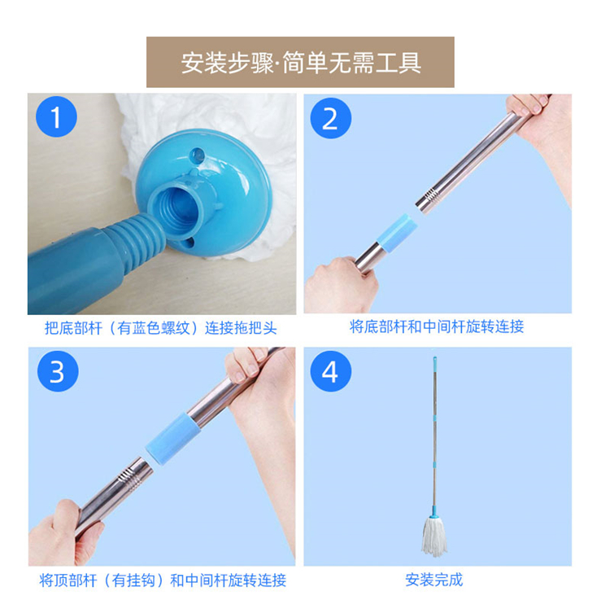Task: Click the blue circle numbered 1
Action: [56, 116]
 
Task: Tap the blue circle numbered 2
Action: [331, 118]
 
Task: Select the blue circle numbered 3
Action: [58, 371]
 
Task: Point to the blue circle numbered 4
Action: [331, 371]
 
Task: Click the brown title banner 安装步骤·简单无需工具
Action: [300, 63]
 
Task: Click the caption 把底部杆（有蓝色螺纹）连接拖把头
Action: [161, 328]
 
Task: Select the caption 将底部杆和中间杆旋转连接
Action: [437, 326]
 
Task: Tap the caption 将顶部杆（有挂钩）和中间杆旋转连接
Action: [163, 580]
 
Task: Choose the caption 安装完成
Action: [434, 580]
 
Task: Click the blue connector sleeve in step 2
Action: [397, 233]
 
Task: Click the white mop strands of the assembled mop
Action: [434, 536]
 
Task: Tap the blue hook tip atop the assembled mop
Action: [434, 359]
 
